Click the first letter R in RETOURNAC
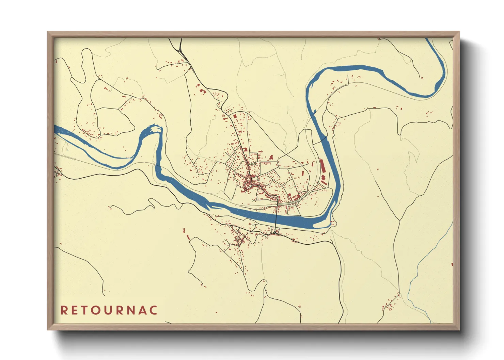click(x=64, y=310)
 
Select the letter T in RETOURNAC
click(x=86, y=310)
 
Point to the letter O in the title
click(x=98, y=310)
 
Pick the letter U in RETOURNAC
click(x=110, y=310)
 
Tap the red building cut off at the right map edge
click(x=452, y=264)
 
